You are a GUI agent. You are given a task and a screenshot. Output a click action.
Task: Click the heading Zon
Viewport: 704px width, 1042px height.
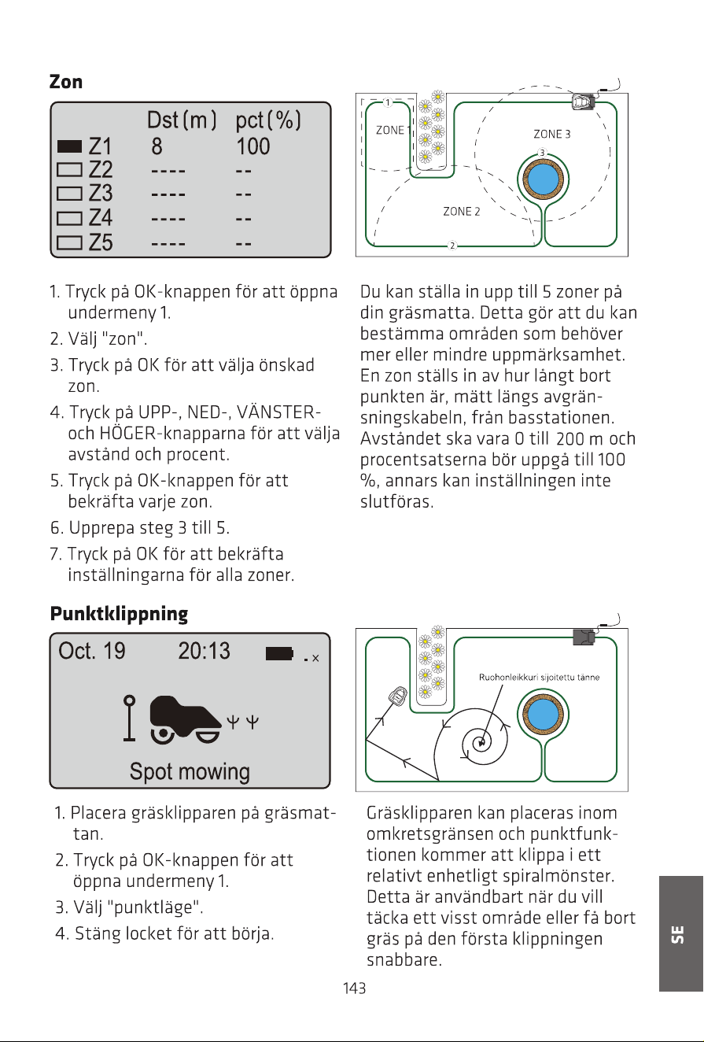click(66, 82)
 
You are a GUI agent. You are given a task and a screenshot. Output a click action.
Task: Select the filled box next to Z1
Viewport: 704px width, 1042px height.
click(69, 146)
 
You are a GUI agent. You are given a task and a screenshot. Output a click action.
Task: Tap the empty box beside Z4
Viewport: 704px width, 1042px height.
click(69, 218)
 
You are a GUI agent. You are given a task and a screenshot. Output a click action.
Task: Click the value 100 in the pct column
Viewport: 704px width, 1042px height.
click(253, 146)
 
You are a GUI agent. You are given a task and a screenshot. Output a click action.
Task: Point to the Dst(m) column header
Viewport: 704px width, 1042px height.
click(182, 120)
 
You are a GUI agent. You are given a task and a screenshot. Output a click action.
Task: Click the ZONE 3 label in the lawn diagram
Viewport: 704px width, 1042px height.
click(551, 134)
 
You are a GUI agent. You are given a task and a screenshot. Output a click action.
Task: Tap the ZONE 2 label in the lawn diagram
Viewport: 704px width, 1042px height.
click(461, 212)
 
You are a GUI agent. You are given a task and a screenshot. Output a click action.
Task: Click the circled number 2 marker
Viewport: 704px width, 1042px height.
click(452, 246)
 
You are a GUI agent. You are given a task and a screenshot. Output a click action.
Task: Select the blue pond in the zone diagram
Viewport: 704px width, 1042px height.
click(543, 179)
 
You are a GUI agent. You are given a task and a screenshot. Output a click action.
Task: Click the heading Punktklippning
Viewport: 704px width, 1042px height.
click(119, 614)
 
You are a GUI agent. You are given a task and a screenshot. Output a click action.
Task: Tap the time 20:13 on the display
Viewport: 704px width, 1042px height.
click(205, 651)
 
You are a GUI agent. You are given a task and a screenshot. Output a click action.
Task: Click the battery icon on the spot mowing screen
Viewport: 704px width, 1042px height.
click(279, 653)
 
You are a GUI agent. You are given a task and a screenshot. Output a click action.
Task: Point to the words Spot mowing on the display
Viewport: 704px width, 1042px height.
click(190, 771)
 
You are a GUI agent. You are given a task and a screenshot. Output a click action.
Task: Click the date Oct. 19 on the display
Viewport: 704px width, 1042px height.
click(91, 651)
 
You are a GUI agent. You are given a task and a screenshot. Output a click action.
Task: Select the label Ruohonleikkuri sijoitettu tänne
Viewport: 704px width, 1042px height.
click(539, 678)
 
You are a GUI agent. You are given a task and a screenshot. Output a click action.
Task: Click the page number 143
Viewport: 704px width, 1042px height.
click(354, 988)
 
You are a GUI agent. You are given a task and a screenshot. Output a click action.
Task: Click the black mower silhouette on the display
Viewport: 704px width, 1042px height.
click(186, 719)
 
